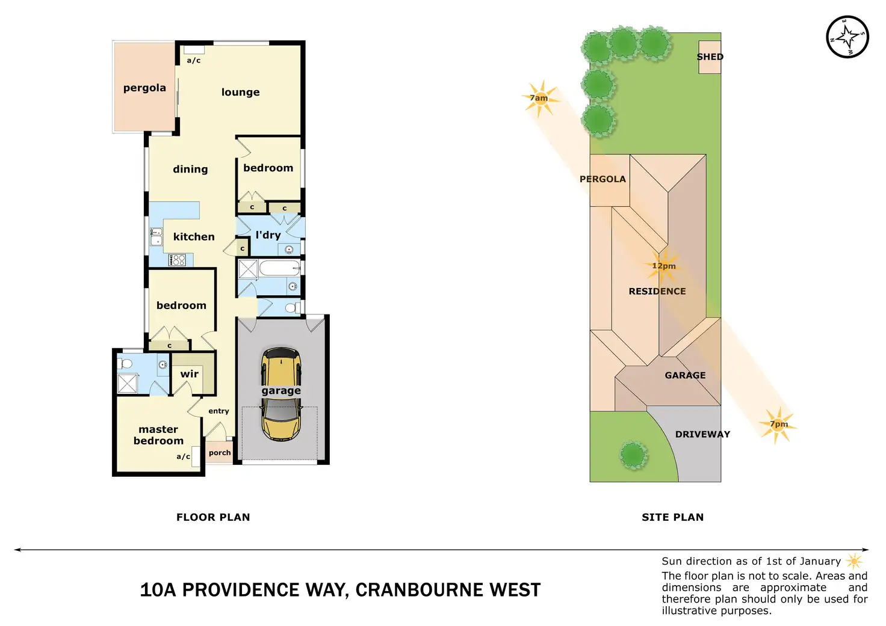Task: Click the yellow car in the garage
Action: (x=281, y=394)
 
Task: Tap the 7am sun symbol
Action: (x=541, y=98)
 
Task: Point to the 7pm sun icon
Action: (x=778, y=425)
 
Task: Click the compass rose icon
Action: (x=847, y=37)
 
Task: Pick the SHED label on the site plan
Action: (x=710, y=57)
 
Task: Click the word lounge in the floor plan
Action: (x=240, y=92)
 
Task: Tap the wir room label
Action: (x=190, y=374)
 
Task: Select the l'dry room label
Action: (x=268, y=235)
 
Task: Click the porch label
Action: (x=220, y=453)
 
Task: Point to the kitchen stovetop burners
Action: (x=178, y=260)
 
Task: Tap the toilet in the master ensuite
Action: (x=126, y=364)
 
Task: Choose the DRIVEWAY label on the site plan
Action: (x=702, y=434)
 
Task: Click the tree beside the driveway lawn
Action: (x=633, y=455)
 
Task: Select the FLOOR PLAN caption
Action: (x=213, y=517)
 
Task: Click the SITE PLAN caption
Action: (x=672, y=517)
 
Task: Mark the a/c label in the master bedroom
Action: (x=183, y=457)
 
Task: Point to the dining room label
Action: (x=190, y=170)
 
